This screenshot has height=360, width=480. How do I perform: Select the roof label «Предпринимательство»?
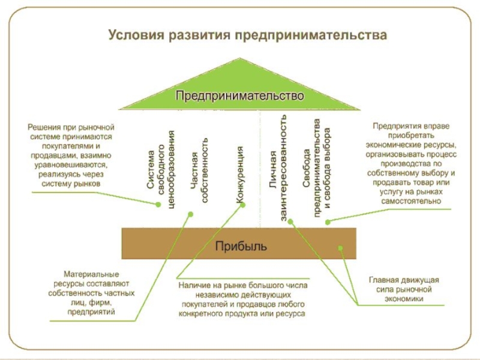239,96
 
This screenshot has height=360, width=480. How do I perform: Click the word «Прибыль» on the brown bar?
241,246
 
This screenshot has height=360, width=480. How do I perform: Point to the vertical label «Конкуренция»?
241,175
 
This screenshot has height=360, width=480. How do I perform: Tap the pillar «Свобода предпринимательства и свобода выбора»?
317,168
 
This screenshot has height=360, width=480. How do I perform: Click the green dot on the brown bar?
340,248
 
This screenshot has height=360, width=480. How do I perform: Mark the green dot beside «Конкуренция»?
243,205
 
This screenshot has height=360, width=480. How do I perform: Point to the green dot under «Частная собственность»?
190,214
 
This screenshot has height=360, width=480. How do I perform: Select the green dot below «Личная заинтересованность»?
290,221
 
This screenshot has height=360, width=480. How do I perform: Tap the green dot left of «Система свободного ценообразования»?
158,205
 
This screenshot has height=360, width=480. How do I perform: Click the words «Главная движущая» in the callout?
404,280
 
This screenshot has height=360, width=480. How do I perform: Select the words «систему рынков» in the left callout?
71,184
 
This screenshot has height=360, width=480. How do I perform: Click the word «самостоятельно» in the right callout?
411,201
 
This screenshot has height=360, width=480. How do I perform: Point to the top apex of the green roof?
240,58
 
